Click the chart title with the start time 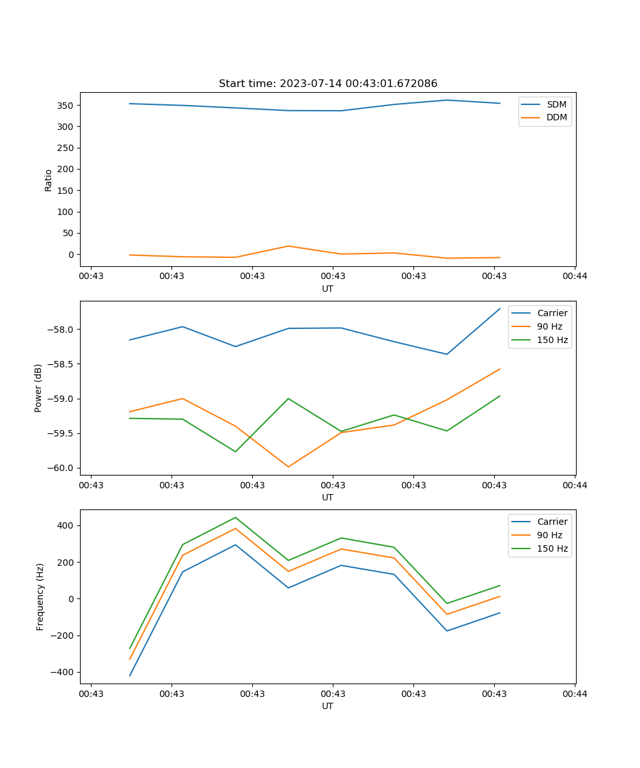pos(328,84)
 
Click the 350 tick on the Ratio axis pos(66,105)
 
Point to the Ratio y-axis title pos(48,180)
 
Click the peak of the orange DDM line pos(289,246)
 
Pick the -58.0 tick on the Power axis pos(61,330)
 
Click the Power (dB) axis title pos(38,388)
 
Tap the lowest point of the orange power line pos(289,467)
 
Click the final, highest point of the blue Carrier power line pos(500,308)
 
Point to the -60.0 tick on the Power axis pos(61,468)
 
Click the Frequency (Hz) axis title pos(40,596)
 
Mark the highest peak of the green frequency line pos(236,517)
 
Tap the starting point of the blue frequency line pos(130,675)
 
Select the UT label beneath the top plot pos(328,289)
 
